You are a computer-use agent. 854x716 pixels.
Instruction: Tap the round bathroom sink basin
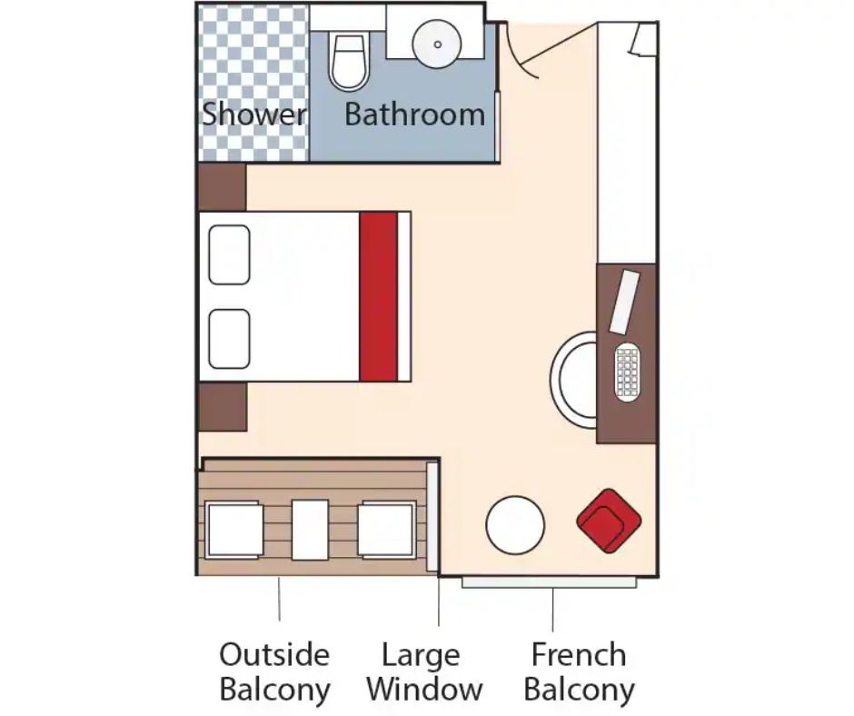437,45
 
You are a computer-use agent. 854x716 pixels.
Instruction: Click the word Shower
253,114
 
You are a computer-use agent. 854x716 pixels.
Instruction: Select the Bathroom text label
414,114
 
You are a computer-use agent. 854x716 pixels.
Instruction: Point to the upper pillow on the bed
229,255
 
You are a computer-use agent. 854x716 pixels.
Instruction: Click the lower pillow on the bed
229,339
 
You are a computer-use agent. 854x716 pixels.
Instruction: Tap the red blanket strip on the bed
378,297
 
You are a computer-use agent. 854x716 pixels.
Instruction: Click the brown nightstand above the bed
223,187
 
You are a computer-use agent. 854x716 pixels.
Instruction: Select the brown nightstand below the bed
223,407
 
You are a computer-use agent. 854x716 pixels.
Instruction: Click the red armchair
609,521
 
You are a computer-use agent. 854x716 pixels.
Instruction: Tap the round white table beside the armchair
515,525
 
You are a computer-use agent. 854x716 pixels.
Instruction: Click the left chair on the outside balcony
234,530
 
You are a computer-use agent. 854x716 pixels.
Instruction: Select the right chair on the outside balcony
387,530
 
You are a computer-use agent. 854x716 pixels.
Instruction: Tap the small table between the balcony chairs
310,530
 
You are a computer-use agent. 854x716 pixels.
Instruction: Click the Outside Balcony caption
274,671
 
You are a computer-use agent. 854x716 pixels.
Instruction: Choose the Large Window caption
424,671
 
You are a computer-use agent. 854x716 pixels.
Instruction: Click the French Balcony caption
579,671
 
